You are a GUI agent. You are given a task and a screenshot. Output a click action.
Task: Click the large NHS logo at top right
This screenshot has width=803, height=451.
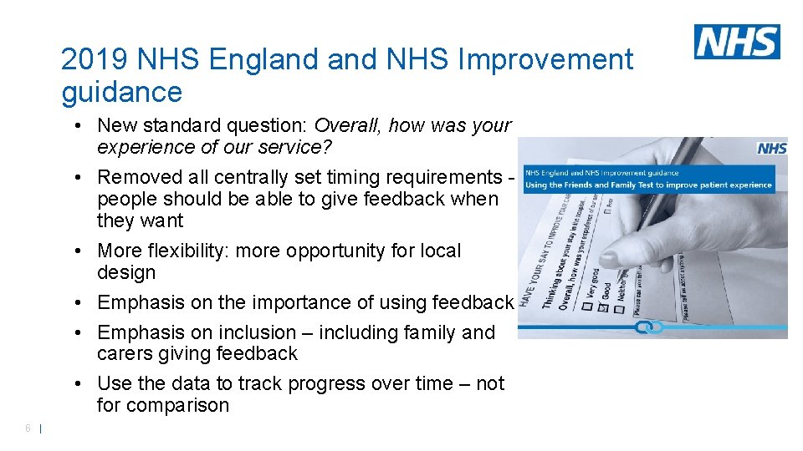click(736, 42)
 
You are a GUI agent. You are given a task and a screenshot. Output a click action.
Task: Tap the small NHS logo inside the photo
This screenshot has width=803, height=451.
click(771, 148)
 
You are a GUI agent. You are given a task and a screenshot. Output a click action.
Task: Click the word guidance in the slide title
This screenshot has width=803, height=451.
click(121, 92)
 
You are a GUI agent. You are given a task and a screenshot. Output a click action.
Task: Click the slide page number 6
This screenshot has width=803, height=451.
click(28, 428)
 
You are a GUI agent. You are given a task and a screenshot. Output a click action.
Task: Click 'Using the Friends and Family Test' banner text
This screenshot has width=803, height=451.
click(648, 185)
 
